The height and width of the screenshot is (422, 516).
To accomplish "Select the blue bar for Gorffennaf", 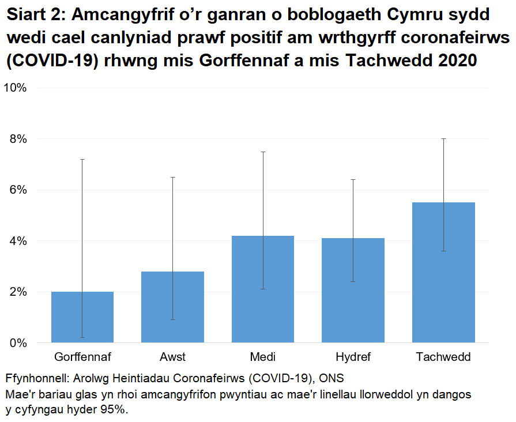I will (82, 317).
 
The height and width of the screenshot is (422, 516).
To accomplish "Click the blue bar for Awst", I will (172, 307).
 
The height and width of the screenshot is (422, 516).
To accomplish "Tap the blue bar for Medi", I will (263, 289).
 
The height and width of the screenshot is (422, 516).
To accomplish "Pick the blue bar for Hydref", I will (353, 290).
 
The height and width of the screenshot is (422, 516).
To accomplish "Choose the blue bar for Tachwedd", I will (443, 272).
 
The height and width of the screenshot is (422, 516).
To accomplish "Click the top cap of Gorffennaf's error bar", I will (82, 159).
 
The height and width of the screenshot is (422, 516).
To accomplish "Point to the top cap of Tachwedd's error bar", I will (443, 138).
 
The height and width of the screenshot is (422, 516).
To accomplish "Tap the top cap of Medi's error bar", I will (263, 152).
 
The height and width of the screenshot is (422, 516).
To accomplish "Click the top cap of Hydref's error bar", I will (353, 179).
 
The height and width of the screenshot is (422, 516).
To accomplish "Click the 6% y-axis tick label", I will (18, 190).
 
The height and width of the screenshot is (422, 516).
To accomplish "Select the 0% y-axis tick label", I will (18, 343).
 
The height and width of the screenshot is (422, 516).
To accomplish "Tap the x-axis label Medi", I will (263, 357).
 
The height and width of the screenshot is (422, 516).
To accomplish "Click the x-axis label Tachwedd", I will (443, 357).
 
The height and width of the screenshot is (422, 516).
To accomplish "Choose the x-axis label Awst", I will (172, 357).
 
